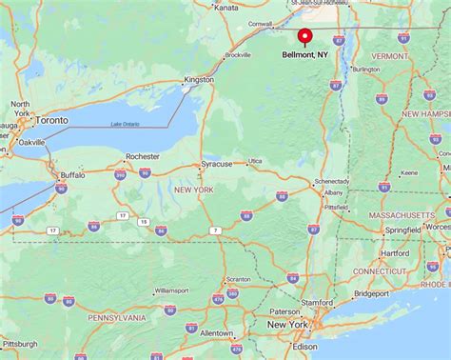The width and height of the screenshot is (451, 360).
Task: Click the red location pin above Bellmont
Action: click(304, 36)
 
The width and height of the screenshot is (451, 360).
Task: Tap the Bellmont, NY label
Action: click(305, 55)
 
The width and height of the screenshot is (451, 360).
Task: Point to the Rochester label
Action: click(143, 156)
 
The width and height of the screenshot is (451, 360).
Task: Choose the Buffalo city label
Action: click(72, 175)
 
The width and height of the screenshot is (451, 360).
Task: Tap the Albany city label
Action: click(333, 192)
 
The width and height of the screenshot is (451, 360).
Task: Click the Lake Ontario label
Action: click(124, 125)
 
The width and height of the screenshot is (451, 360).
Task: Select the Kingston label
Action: click(199, 79)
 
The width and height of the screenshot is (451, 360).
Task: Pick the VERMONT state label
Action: click(388, 56)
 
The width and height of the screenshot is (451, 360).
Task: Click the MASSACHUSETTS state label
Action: click(401, 216)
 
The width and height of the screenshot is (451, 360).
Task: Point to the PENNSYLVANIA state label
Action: click(116, 316)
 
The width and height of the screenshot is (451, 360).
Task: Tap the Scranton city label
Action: click(238, 280)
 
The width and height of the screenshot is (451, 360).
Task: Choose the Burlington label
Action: click(365, 70)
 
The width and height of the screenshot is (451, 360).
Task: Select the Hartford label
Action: click(393, 253)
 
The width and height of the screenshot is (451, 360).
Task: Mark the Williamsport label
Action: click(171, 290)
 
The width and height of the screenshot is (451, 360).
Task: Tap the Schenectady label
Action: click(332, 180)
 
